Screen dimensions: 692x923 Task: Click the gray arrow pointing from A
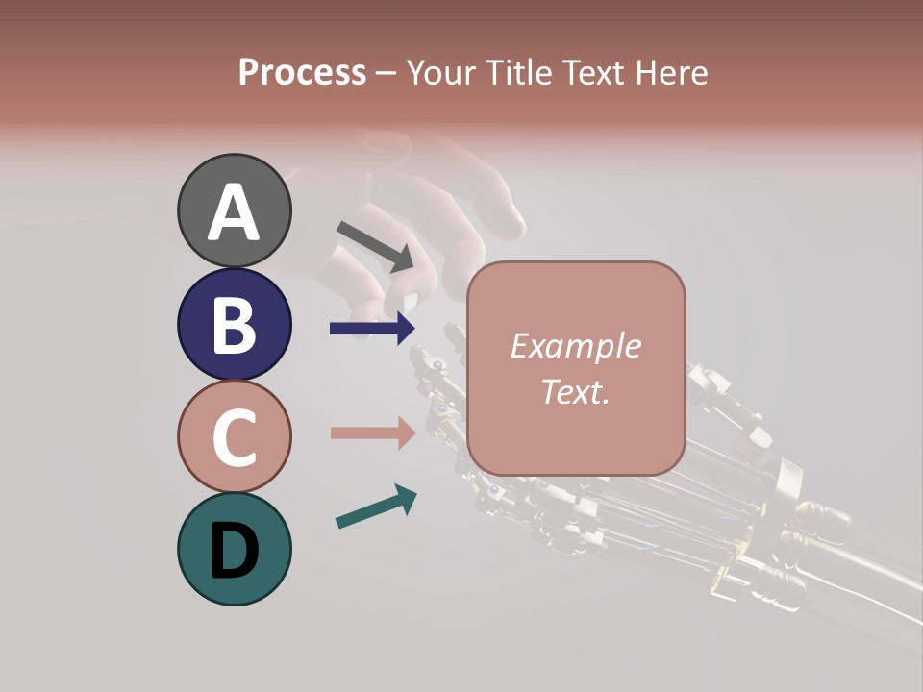click(375, 245)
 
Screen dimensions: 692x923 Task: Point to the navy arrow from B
click(372, 329)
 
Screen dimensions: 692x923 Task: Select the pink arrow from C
click(373, 432)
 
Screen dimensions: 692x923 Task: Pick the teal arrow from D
click(376, 507)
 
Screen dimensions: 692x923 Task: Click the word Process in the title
click(302, 73)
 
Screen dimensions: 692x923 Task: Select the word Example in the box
click(575, 346)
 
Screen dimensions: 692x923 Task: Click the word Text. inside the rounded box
click(575, 391)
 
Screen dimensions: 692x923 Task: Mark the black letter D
click(234, 551)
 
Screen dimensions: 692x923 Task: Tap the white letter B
click(234, 325)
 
